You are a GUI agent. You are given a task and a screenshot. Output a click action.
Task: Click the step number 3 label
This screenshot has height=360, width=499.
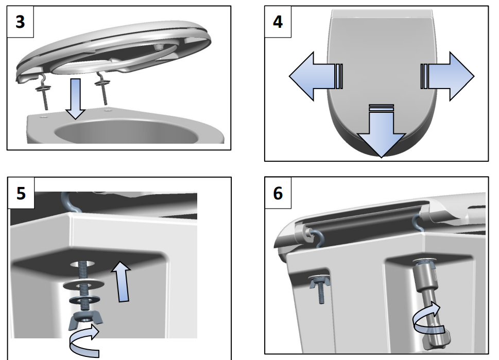[x=21, y=22]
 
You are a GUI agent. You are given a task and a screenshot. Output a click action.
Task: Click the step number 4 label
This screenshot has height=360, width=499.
[x=278, y=22]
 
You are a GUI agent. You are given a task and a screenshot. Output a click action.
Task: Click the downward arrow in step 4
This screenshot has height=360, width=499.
[x=381, y=130]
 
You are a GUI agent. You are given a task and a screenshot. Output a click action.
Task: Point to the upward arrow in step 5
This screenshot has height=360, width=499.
[x=122, y=282]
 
